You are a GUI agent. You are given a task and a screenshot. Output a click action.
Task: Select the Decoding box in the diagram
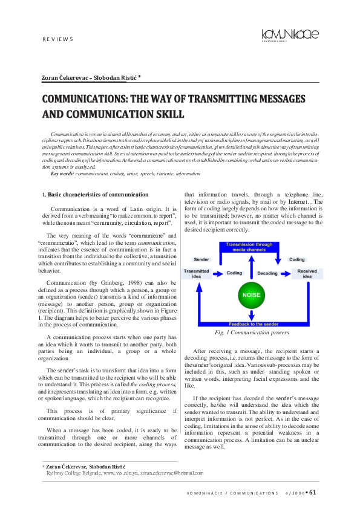point(267,272)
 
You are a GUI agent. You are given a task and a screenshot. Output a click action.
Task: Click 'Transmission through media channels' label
point(250,247)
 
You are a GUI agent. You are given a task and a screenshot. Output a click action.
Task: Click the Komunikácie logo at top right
point(290,35)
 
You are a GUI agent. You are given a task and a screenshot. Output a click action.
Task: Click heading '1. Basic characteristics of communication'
point(94,195)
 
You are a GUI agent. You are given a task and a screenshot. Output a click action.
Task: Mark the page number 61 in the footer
point(312,492)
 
